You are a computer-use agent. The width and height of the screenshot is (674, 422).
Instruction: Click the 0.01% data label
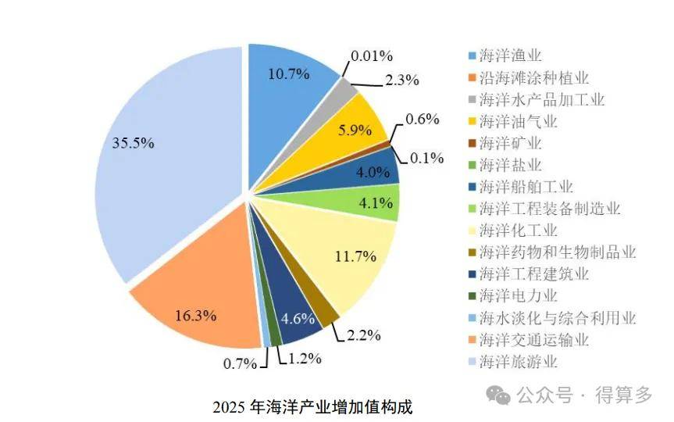coord(372,56)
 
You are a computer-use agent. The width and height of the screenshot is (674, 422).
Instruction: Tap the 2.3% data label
coord(402,80)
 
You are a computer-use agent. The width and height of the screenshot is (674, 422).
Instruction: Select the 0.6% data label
coord(423,119)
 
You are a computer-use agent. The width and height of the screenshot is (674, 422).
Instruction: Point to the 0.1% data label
coord(427,159)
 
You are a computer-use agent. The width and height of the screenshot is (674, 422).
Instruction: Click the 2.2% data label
coord(364,335)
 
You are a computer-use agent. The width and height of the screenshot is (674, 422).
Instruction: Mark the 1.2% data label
coord(305,359)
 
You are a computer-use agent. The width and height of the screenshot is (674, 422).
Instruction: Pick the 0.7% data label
coord(241,364)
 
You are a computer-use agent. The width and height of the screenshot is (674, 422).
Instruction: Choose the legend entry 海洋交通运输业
coord(528,340)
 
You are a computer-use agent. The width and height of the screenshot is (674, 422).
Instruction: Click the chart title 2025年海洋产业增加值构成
coord(312,407)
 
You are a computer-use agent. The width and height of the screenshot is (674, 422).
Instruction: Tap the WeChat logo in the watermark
coord(497,395)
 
